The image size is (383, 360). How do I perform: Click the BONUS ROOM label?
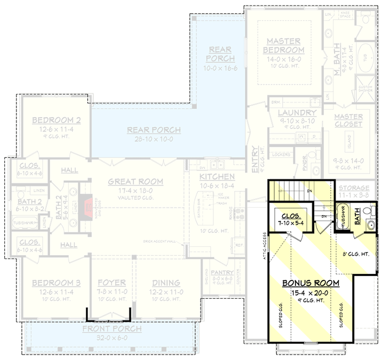point(311,283)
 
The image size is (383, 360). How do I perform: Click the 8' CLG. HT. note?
point(355,254)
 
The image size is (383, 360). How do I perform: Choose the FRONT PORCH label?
point(112,329)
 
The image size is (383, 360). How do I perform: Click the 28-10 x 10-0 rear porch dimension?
point(154,139)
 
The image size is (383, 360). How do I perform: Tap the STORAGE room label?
point(354,188)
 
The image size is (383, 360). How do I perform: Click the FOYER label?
point(111,283)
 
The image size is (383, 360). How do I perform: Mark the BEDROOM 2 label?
point(56,120)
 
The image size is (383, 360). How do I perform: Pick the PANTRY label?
point(222,273)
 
